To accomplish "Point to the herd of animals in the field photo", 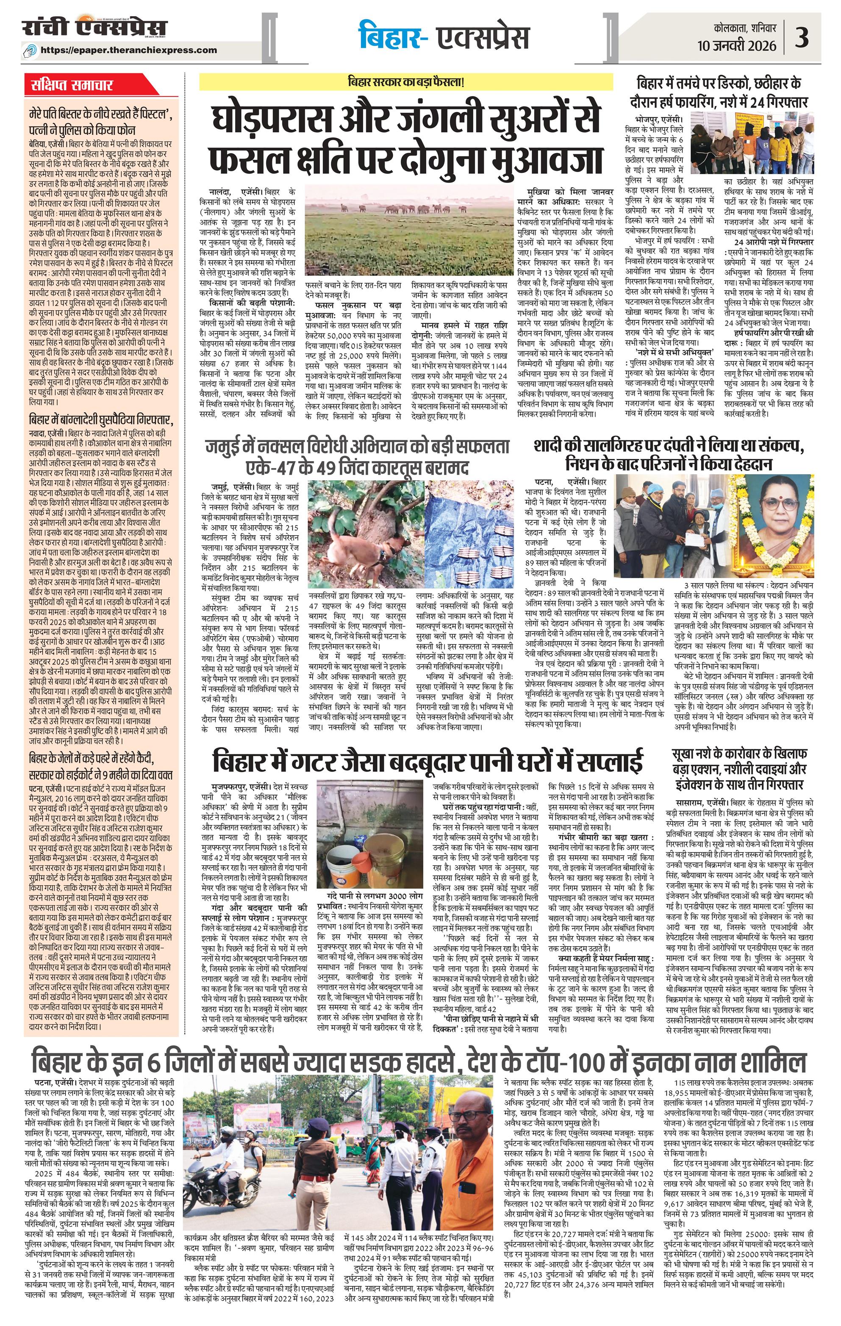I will tap(396, 208).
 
